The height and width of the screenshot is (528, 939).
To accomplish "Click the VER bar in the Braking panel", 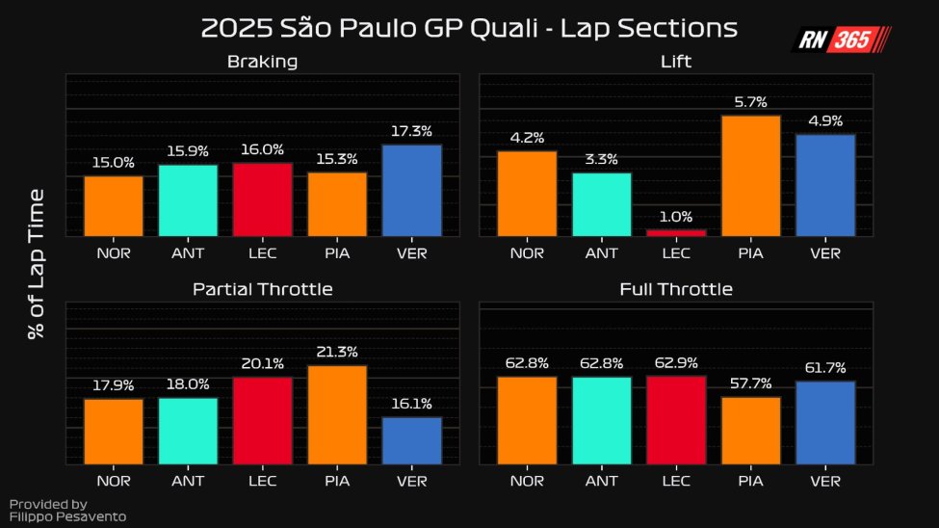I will coord(411,191).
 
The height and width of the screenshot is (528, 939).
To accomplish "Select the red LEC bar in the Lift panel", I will coord(676,232).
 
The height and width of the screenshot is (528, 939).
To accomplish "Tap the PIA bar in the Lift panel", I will coord(751,176).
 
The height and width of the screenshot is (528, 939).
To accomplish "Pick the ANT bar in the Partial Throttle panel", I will coord(188,431).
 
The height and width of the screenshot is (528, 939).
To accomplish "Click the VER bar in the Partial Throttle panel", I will coord(411,440).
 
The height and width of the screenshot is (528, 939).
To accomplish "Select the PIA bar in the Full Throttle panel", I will coord(751,431).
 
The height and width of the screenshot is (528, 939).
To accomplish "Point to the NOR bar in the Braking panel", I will coord(114,206).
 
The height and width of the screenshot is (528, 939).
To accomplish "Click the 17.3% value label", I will coord(411,131).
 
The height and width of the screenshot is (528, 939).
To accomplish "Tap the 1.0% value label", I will coord(676,217).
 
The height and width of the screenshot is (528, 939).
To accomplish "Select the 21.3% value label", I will coord(337,352).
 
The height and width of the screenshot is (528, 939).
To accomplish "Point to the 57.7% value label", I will coord(751,383).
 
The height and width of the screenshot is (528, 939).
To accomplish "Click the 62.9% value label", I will coord(676,362).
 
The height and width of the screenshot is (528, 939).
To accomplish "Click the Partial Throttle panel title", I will coord(262,289).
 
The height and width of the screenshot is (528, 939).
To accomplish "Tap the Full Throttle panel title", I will coord(676,289).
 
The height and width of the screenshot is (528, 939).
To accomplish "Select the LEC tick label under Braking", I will coord(262,253).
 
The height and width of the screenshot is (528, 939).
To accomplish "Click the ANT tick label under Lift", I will coord(602,253).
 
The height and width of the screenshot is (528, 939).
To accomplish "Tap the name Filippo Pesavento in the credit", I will coord(67,516).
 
